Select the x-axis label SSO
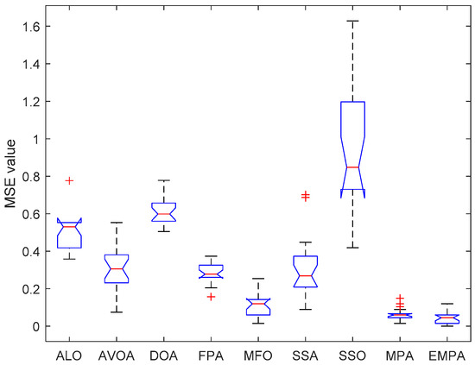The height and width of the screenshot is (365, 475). click(x=352, y=354)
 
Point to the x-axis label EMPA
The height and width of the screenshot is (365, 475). click(x=446, y=354)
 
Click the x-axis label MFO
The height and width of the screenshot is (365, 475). click(x=258, y=354)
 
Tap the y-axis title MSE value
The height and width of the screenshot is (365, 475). click(x=10, y=176)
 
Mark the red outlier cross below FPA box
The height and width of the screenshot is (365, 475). click(x=211, y=297)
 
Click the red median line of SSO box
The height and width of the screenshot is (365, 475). click(x=352, y=167)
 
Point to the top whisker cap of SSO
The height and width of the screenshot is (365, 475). click(x=352, y=21)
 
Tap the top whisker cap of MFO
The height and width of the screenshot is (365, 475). click(x=258, y=279)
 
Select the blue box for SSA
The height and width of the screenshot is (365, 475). click(x=305, y=271)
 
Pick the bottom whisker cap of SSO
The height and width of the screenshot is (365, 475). click(x=352, y=248)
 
